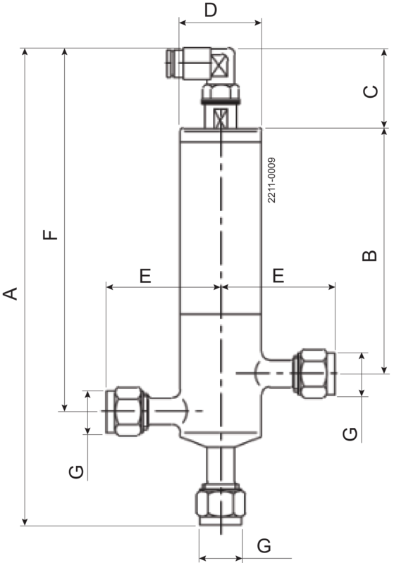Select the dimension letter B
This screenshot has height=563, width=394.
click(369, 255)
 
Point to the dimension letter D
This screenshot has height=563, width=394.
click(210, 11)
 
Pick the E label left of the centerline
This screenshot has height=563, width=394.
click(145, 276)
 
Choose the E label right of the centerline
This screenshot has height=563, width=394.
click(278, 276)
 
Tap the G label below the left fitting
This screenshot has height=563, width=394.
click(78, 472)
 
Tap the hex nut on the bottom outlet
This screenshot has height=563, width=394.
click(221, 505)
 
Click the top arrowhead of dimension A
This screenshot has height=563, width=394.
click(25, 51)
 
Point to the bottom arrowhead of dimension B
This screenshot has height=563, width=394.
click(384, 370)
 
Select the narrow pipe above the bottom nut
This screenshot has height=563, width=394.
click(221, 464)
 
